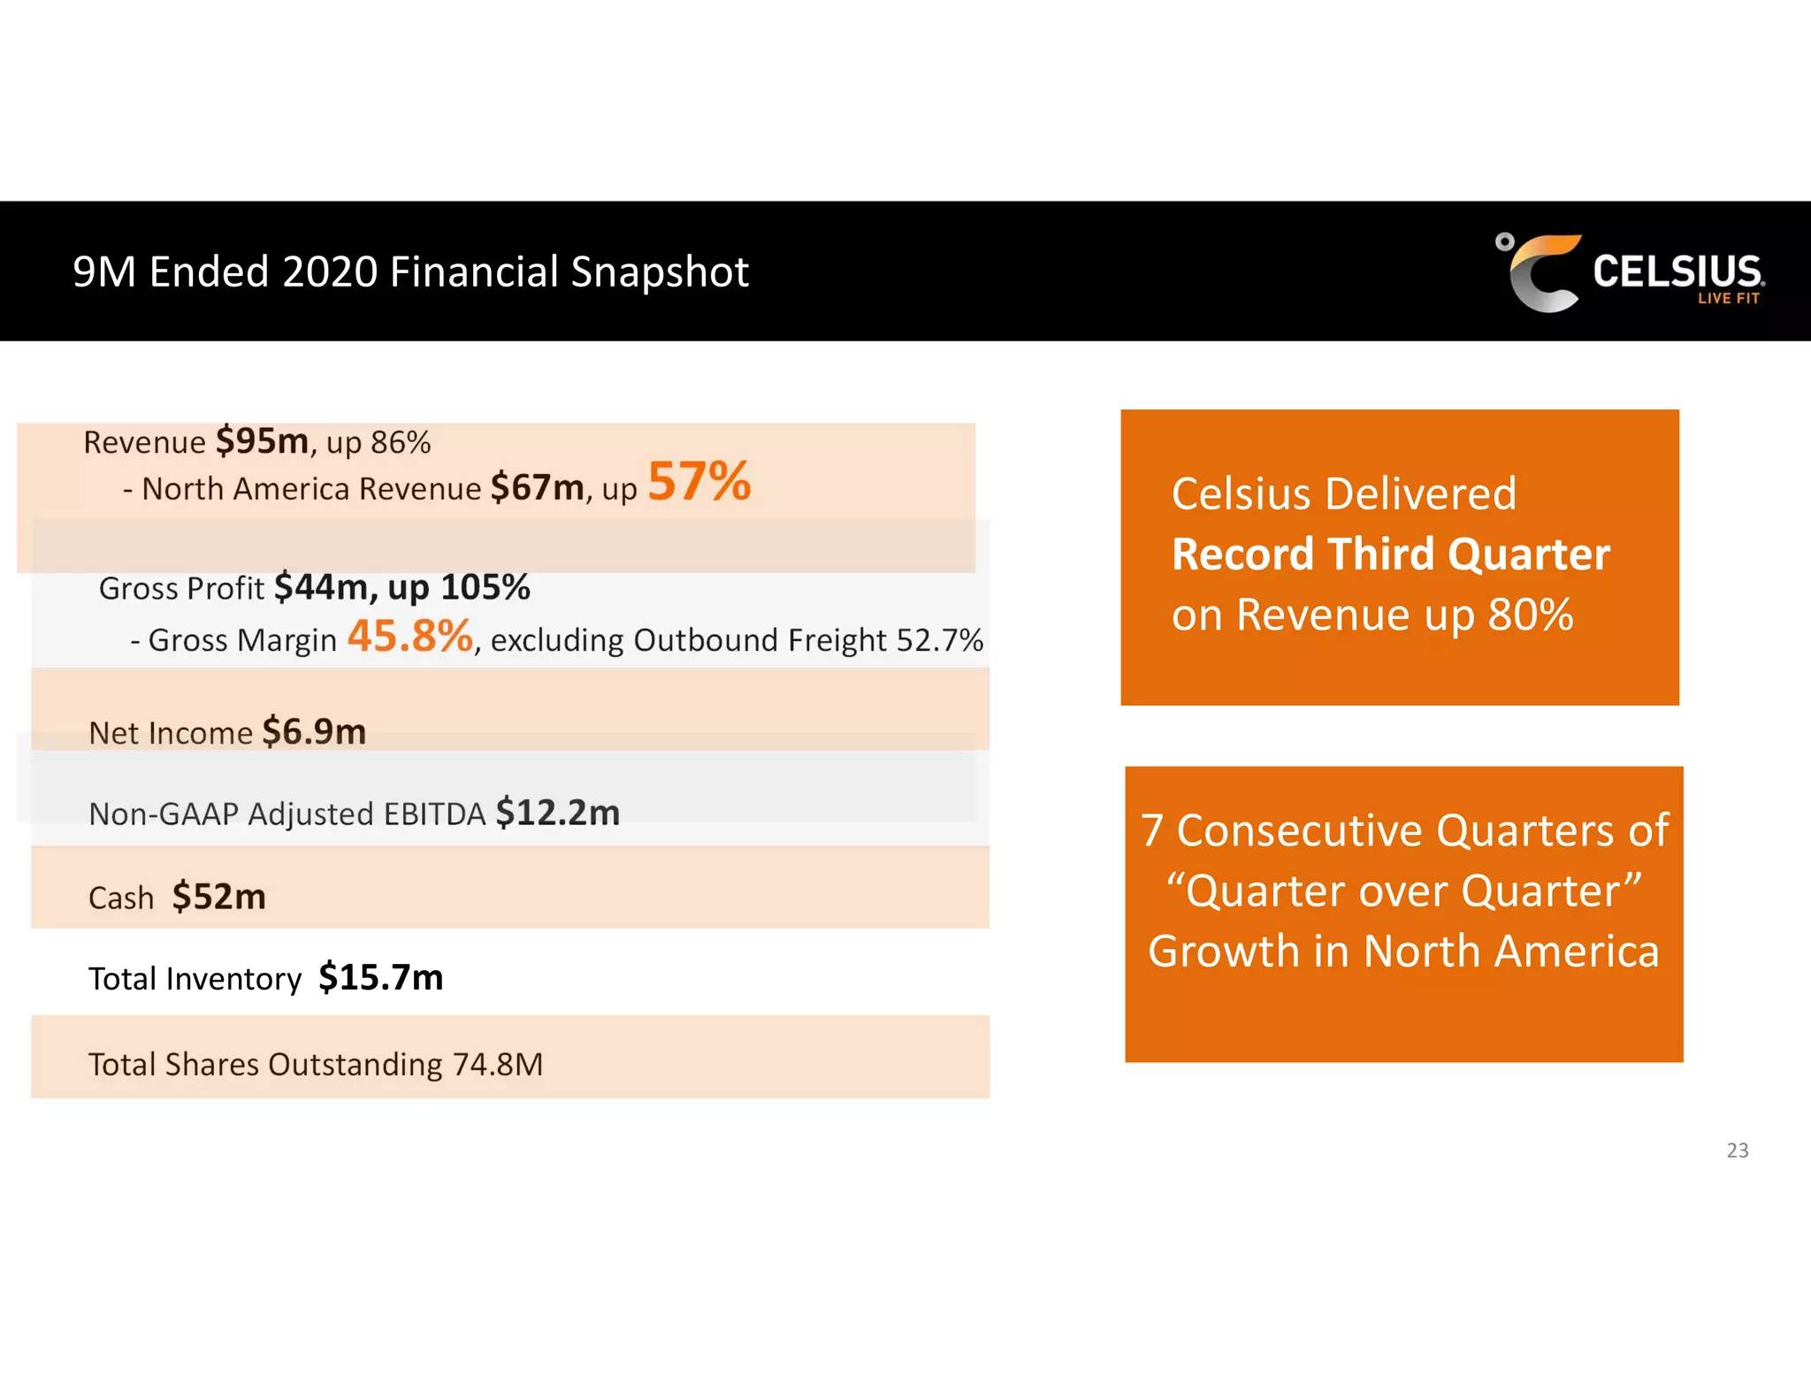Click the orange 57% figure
tap(699, 482)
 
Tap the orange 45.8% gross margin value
tap(409, 636)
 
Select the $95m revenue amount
tap(262, 440)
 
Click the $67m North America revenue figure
tap(537, 487)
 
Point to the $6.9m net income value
tap(314, 732)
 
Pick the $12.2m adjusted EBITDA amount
tap(557, 813)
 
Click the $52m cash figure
tap(218, 897)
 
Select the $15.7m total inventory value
tap(380, 977)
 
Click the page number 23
tap(1737, 1150)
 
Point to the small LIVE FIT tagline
tap(1728, 299)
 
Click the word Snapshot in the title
tap(660, 272)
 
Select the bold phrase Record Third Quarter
tap(1390, 554)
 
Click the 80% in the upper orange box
tap(1530, 615)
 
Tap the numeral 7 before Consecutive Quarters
tap(1151, 831)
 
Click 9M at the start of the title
tap(103, 272)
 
